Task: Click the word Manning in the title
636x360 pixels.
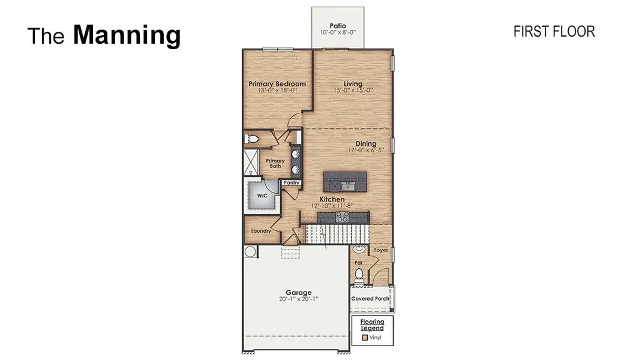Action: (x=127, y=35)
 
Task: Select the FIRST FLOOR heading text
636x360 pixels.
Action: (x=554, y=32)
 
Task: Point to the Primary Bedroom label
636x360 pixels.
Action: (x=277, y=84)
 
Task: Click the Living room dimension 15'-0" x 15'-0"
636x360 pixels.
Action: (x=353, y=91)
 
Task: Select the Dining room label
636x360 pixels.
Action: (x=365, y=143)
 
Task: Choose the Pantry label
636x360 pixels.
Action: (x=292, y=182)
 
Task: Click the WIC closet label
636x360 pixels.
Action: (x=262, y=196)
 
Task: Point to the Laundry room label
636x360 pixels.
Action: (x=261, y=231)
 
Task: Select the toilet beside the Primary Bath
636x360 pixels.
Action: (x=253, y=139)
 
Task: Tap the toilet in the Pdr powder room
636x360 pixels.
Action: (x=359, y=275)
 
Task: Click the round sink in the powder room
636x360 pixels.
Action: (x=359, y=248)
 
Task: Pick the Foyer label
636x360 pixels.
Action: (x=380, y=250)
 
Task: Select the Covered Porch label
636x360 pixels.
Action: (x=370, y=298)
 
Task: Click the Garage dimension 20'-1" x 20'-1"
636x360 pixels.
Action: (x=298, y=299)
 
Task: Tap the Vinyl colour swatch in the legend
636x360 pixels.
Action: (x=364, y=338)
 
